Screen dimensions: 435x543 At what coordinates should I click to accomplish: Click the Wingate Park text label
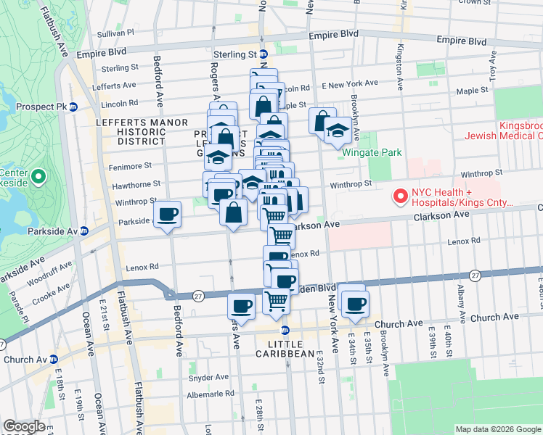(367, 154)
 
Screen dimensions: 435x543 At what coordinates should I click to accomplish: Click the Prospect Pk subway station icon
(73, 107)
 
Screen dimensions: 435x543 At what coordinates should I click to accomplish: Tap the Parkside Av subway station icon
(84, 231)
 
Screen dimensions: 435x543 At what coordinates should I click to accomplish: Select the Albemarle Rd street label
(211, 393)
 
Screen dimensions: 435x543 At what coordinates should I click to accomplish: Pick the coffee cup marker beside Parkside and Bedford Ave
(168, 215)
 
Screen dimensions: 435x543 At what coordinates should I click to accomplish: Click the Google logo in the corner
(24, 427)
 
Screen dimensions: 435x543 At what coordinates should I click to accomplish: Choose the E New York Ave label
(354, 84)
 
